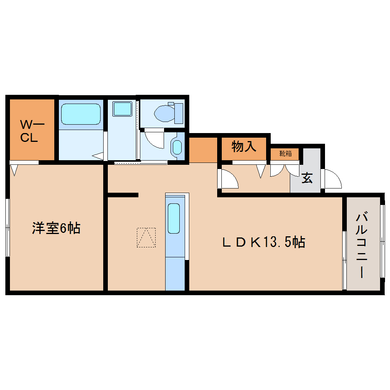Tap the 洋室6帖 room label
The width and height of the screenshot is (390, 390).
pos(56,228)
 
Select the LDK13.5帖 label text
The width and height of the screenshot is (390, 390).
pos(264,242)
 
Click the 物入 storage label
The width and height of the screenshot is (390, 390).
pos(244,146)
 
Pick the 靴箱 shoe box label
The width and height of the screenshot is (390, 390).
pos(285,154)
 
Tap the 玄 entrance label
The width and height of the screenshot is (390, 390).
pos(307,177)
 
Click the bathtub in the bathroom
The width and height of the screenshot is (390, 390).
pos(80,114)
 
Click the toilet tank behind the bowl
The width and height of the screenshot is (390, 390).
pos(179,113)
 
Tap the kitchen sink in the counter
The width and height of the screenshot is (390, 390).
pos(174,218)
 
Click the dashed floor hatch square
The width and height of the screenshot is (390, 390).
pos(146,237)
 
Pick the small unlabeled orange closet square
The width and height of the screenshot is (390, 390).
pos(203,149)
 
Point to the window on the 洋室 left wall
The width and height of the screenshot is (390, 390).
pos(7,227)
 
